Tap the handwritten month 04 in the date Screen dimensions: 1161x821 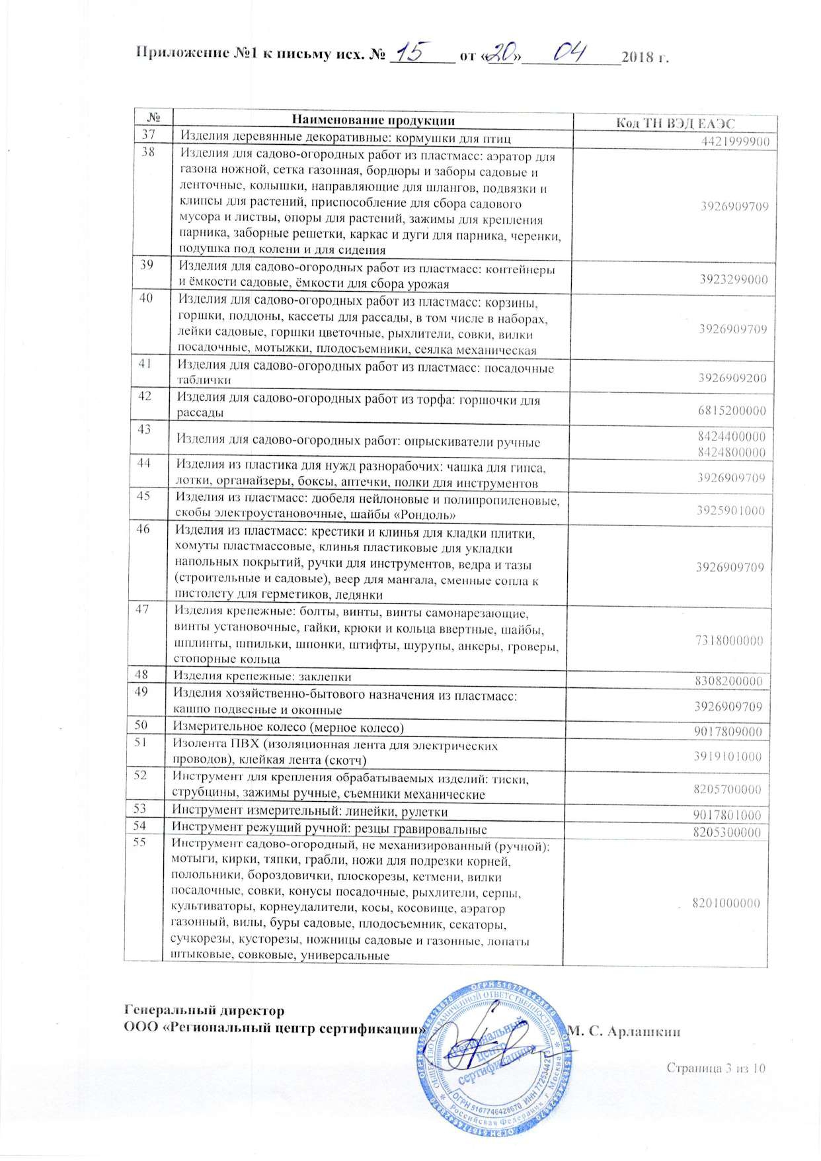[569, 52]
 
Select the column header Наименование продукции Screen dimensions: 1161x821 [373, 120]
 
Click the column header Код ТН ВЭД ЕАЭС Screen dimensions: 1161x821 [675, 123]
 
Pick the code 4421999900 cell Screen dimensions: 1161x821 [735, 142]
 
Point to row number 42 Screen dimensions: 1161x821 [145, 396]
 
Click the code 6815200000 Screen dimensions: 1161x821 [732, 411]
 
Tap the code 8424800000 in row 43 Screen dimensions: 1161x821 [732, 452]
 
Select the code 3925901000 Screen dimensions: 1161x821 [730, 511]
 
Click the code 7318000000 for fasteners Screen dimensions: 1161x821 [729, 640]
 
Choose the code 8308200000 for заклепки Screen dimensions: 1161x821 [728, 681]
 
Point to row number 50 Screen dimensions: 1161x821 [141, 725]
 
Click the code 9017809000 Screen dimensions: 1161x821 [728, 732]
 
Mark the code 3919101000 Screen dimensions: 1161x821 [728, 757]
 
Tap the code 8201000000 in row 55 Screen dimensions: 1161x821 [726, 903]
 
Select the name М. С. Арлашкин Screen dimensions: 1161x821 [624, 1031]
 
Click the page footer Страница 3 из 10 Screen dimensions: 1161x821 [715, 1068]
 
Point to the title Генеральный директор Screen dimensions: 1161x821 [204, 1011]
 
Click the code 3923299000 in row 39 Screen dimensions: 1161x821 [734, 279]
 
